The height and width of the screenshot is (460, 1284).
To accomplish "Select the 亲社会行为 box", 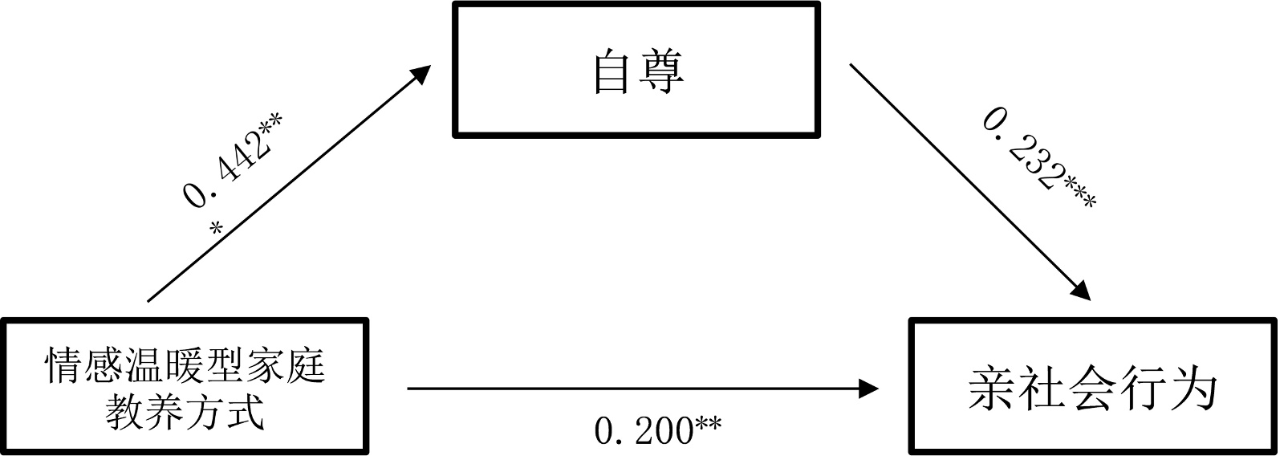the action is tap(1093, 387).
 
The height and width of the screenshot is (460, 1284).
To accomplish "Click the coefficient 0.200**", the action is tap(657, 431).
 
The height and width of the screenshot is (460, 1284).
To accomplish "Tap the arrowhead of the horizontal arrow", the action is tap(870, 389).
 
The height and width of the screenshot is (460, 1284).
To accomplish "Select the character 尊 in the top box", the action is tap(662, 72).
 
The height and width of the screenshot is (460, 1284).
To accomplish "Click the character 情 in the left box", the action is tap(65, 364).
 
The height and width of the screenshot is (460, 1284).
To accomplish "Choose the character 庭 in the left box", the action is tap(306, 364).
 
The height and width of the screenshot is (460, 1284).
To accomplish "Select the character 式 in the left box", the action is tap(246, 411).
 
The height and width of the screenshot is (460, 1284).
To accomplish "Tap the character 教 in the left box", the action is tap(126, 411).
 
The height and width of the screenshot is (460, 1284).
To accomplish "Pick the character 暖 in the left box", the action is tap(185, 364).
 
